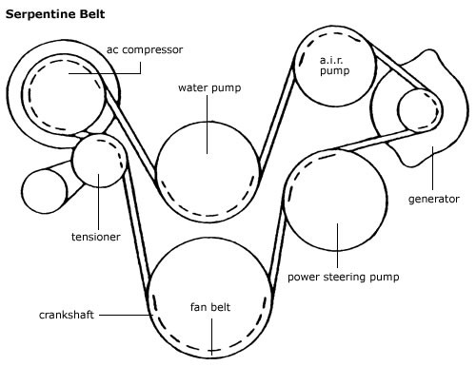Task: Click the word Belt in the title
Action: click(x=92, y=14)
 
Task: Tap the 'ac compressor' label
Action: click(x=145, y=50)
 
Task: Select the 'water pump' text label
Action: click(x=209, y=87)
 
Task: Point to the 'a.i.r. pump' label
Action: click(x=334, y=66)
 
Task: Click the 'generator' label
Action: click(x=434, y=200)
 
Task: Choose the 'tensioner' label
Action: click(x=96, y=237)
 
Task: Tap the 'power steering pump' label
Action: click(x=344, y=278)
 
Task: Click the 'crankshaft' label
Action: click(x=67, y=315)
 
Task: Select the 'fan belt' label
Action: click(x=210, y=307)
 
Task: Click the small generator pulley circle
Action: click(x=419, y=110)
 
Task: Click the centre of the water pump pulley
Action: click(x=208, y=172)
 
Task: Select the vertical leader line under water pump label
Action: click(x=208, y=125)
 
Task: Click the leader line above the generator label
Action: click(x=432, y=168)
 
